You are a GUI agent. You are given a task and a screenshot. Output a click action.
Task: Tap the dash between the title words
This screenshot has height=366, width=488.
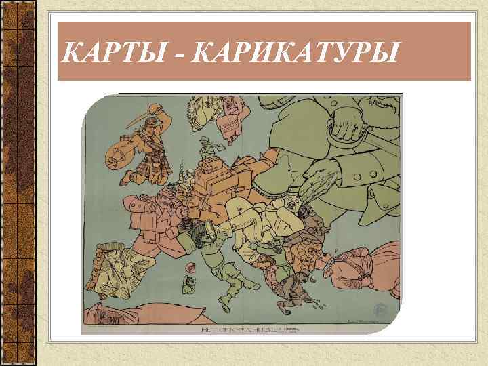click(182, 52)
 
